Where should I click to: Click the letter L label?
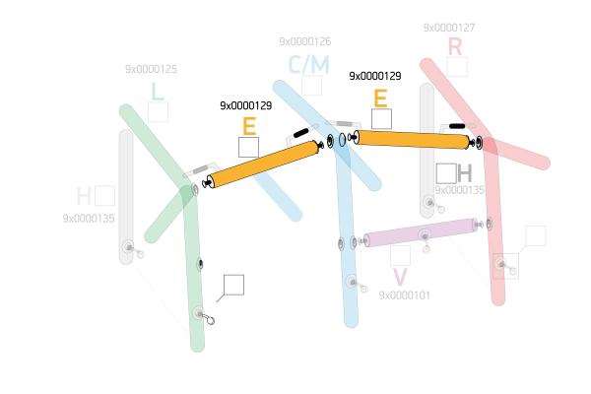[x=157, y=92]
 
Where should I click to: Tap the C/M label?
[x=309, y=65]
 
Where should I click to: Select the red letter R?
[x=454, y=46]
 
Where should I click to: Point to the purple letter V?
[x=399, y=278]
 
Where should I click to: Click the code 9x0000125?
[x=151, y=70]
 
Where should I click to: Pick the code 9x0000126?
[x=304, y=42]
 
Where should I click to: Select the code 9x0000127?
[x=448, y=29]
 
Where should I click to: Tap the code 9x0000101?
[x=404, y=295]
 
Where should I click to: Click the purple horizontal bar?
[x=421, y=232]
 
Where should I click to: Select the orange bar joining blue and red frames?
[x=414, y=140]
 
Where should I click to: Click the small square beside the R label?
[x=457, y=67]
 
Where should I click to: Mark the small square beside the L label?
[x=158, y=112]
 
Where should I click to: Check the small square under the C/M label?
[x=311, y=86]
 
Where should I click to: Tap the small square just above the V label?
[x=400, y=256]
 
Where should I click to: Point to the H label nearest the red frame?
[x=465, y=173]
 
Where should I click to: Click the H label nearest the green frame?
[x=85, y=195]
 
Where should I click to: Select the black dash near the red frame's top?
[x=457, y=126]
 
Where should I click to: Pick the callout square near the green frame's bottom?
[x=233, y=285]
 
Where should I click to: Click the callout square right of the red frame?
[x=535, y=235]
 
